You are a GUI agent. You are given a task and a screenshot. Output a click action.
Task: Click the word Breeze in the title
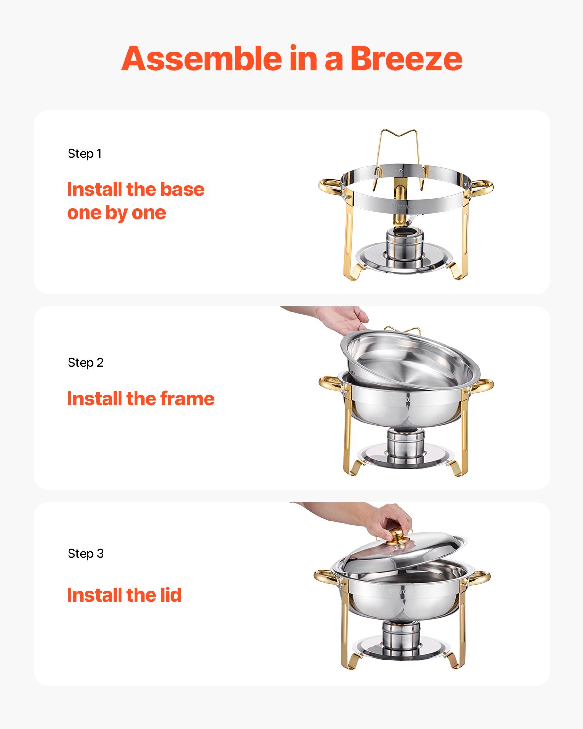[x=406, y=59]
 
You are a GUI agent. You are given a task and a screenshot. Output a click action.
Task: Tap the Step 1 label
[x=85, y=154]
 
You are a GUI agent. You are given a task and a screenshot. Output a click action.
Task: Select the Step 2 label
[x=86, y=363]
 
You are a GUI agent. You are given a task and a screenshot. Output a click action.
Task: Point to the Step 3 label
[x=86, y=554]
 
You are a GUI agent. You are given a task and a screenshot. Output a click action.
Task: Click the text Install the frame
[x=140, y=399]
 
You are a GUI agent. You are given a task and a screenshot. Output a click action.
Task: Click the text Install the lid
[x=124, y=595]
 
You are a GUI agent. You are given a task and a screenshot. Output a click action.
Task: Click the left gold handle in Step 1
[x=330, y=186]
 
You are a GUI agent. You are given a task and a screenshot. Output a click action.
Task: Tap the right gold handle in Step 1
[x=481, y=187]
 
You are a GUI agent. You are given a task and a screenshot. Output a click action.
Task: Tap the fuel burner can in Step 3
[x=401, y=636]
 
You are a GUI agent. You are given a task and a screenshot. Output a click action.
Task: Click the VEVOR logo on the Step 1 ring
[x=404, y=207]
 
